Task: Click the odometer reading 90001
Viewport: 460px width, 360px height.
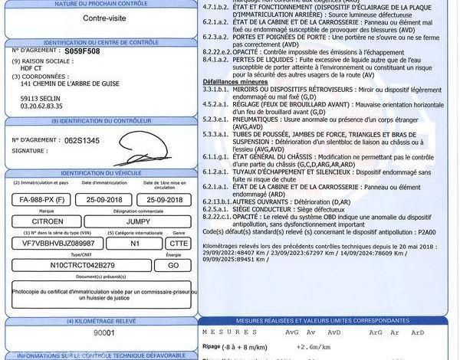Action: (x=103, y=334)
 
